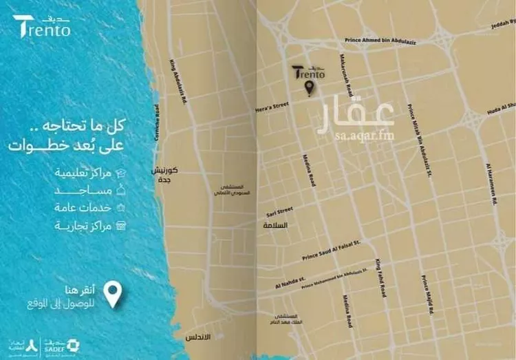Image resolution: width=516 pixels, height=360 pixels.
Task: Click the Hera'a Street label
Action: [272, 107]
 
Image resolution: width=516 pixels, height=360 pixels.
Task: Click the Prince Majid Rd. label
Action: [427, 295]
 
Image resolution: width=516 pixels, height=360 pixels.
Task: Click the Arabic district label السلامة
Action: [274, 226]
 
